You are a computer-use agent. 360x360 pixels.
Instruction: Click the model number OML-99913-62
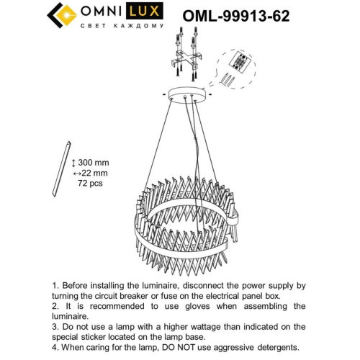point(236,16)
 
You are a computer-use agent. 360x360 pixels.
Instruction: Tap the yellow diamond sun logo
point(66,15)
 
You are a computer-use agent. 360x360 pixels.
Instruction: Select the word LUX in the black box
point(145,11)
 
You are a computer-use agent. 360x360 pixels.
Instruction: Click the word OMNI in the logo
point(101,11)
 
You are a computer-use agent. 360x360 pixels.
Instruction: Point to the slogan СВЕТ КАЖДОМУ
point(122,26)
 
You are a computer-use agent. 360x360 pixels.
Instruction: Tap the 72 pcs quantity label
point(90,184)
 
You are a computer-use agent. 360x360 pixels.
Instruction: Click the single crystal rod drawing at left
point(62,169)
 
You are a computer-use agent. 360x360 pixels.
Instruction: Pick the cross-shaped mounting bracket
point(186,59)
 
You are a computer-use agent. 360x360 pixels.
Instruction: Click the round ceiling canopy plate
point(187,95)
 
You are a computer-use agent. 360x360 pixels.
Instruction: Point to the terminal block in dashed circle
point(240,61)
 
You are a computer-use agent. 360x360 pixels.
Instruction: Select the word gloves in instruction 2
point(197,307)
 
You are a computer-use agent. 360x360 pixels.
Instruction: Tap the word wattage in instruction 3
point(192,327)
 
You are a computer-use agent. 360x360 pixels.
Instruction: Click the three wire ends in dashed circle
point(228,79)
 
